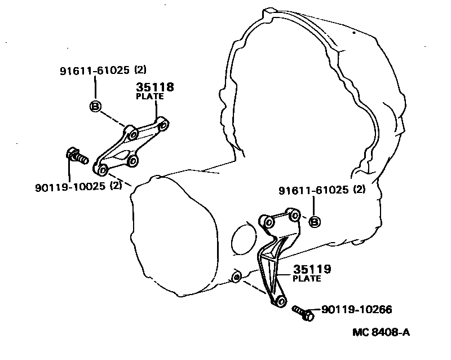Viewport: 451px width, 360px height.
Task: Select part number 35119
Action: click(312, 269)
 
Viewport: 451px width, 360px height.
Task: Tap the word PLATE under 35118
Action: click(150, 96)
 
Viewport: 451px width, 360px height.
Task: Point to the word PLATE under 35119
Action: click(307, 278)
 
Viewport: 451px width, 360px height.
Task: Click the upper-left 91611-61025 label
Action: click(95, 71)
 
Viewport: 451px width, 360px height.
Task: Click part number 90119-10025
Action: click(70, 186)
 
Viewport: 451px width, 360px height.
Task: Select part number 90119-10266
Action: click(356, 309)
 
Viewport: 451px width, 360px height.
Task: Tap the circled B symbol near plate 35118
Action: click(95, 106)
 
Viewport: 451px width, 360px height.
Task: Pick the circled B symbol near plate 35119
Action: click(315, 221)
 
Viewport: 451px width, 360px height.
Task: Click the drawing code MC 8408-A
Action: click(381, 332)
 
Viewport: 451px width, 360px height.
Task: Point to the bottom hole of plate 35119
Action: click(278, 300)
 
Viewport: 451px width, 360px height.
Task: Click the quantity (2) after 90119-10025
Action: click(116, 186)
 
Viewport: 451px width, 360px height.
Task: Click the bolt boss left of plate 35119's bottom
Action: click(237, 277)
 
